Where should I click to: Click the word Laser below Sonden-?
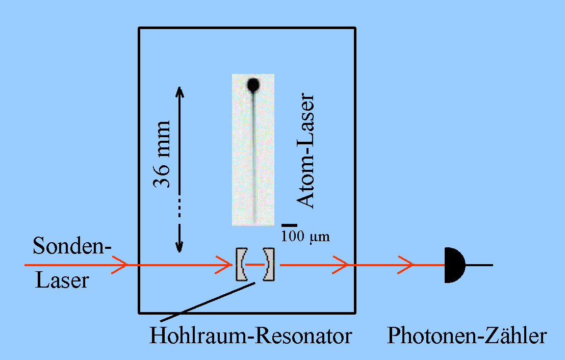61,280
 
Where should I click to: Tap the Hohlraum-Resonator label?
250,337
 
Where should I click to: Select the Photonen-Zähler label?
467,337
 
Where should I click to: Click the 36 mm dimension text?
163,155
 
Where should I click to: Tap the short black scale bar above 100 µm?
289,225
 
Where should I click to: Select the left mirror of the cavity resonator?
241,265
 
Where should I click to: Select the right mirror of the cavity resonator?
268,265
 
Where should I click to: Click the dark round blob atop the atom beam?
253,84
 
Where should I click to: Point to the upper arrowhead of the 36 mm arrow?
179,91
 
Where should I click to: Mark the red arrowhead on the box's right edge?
342,265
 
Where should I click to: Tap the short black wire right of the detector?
479,265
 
